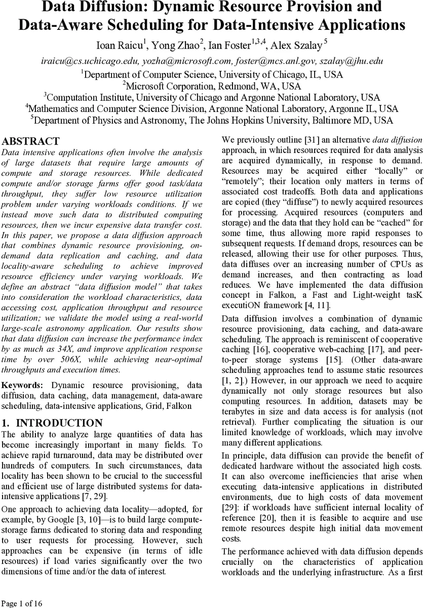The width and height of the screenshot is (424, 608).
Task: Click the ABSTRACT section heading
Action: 31,141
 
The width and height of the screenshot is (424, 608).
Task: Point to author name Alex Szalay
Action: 296,46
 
